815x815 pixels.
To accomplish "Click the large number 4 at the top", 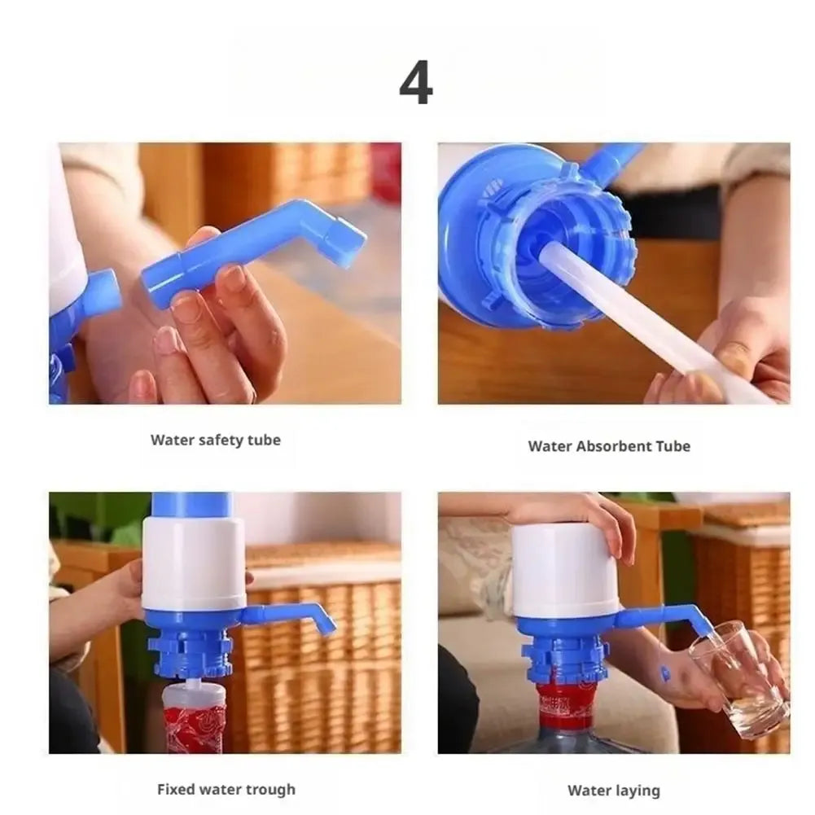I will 415,82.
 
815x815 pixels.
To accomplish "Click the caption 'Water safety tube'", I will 215,440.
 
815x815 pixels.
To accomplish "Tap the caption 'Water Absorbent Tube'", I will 609,446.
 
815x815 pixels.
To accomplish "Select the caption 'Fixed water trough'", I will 226,789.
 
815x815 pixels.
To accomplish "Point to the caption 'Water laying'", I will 613,790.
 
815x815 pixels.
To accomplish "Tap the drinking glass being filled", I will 736,680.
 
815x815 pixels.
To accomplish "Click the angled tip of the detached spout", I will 346,243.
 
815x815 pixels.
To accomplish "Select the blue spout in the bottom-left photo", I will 289,615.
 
